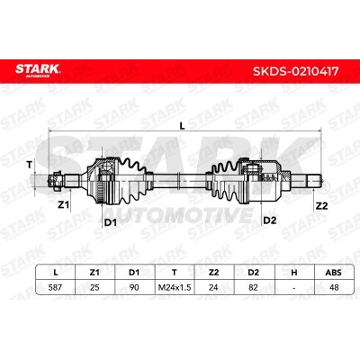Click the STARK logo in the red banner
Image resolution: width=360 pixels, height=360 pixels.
point(38,70)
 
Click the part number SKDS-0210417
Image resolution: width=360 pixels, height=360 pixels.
point(296,71)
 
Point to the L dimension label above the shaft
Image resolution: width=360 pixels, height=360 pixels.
point(182,126)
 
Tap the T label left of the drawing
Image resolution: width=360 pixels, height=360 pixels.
point(29,165)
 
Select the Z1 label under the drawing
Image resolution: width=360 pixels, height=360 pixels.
point(63,205)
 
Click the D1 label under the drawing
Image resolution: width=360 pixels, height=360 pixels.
point(110,222)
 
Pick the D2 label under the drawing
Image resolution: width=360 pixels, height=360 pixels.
point(269,220)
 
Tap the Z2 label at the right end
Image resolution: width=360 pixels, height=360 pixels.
point(321,206)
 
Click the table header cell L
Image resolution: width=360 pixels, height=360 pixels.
point(55,273)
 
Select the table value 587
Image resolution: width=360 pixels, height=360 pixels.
point(55,287)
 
